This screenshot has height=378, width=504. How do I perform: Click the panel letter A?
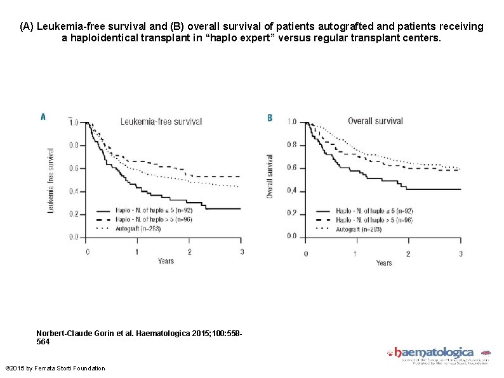click(43, 117)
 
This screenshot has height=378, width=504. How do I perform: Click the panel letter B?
click(270, 118)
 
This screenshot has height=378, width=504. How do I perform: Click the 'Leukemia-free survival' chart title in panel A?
click(161, 121)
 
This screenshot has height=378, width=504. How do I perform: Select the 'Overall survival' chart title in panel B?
click(375, 121)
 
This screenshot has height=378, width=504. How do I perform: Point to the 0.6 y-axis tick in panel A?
click(74, 168)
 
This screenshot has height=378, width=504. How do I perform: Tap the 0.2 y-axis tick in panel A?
click(74, 214)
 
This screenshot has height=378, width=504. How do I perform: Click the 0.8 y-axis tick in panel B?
click(291, 145)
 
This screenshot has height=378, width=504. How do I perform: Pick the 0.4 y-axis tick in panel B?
click(291, 191)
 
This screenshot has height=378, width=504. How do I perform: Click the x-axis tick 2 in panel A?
click(189, 252)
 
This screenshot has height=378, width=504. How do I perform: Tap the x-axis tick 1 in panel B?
click(357, 253)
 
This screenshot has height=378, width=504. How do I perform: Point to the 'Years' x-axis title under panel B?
click(384, 262)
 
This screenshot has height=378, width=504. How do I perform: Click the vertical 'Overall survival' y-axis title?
click(270, 176)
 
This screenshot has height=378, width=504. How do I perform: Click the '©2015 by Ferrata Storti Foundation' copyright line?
click(55, 368)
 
